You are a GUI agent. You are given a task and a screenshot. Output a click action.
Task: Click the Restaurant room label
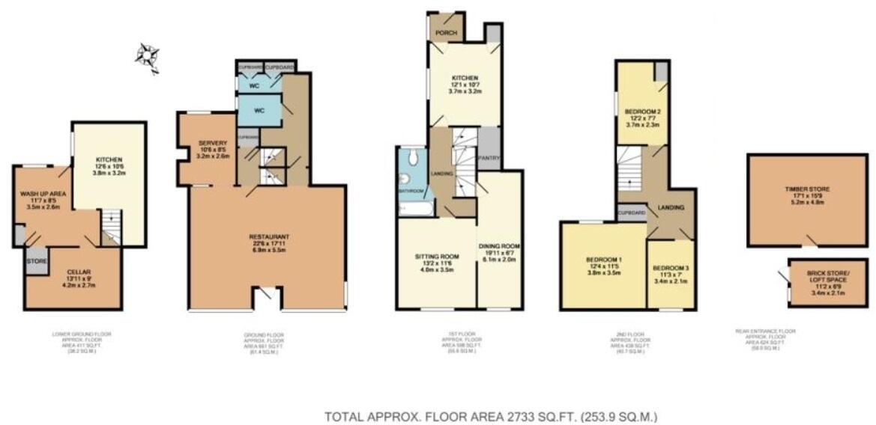[x=268, y=237]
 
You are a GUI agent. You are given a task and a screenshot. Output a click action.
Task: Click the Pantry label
[x=489, y=158]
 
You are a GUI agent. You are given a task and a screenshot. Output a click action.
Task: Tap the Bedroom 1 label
[x=602, y=260]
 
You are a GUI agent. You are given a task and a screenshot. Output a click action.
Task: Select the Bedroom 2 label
[x=641, y=111]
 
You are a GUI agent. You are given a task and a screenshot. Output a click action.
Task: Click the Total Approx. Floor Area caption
[x=491, y=416]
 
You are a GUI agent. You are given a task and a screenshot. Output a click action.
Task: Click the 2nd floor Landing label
[x=668, y=208]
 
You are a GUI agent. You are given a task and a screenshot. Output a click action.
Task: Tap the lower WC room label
[x=259, y=111]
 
